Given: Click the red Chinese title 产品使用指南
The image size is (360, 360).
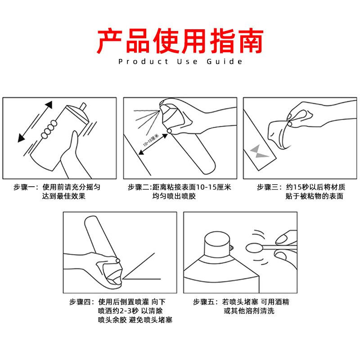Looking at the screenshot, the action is pyautogui.click(x=180, y=40).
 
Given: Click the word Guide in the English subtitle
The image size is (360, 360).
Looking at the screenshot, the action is pyautogui.click(x=224, y=62).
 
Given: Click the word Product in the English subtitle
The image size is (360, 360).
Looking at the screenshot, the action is pyautogui.click(x=143, y=62).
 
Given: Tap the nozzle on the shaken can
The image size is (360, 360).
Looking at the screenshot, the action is pyautogui.click(x=83, y=107).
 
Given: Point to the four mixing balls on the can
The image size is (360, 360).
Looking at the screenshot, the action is pyautogui.click(x=49, y=129).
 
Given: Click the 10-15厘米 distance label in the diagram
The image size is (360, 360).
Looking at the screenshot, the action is pyautogui.click(x=151, y=140).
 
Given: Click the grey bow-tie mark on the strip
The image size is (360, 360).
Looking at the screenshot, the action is pyautogui.click(x=259, y=152).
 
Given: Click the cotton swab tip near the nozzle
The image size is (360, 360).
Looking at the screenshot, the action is pyautogui.click(x=254, y=248).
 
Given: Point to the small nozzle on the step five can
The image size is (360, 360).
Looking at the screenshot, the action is pyautogui.click(x=231, y=248).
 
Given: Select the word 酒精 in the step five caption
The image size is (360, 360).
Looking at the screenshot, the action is pyautogui.click(x=282, y=301).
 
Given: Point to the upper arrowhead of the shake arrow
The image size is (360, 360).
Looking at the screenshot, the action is pyautogui.click(x=49, y=105).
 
